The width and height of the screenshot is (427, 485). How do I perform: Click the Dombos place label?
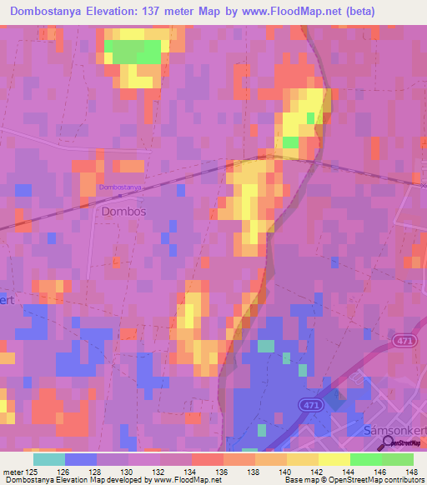[x=123, y=212]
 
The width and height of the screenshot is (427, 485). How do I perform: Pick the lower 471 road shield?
[x=310, y=404]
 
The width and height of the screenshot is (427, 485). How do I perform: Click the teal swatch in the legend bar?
[x=48, y=458]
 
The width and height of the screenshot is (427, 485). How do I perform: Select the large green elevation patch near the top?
[x=133, y=52]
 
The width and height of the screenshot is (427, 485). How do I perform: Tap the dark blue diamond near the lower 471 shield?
[x=334, y=399]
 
